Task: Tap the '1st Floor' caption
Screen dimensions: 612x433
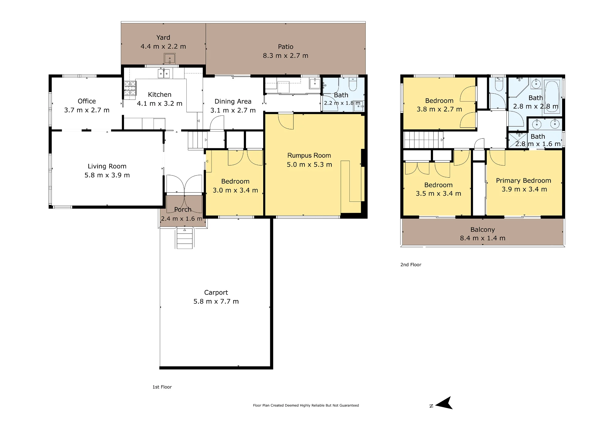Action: tap(162, 387)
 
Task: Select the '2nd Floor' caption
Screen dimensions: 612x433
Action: tap(411, 265)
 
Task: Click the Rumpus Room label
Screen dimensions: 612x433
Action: tap(309, 156)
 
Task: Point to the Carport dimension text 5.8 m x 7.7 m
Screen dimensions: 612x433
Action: tap(216, 301)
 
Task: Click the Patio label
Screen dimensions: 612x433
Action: tap(285, 47)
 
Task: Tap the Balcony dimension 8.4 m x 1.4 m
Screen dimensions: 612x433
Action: tap(483, 238)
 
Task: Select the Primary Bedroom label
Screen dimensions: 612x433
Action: tap(524, 181)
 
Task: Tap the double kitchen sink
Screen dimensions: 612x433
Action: tap(164, 73)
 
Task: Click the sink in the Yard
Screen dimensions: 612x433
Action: tap(170, 58)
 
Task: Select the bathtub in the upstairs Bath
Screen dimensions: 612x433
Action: tap(552, 96)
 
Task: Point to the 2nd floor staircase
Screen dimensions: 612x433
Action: tap(424, 140)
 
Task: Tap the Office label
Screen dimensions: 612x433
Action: tap(87, 101)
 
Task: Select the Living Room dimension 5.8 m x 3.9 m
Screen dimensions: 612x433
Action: tap(107, 175)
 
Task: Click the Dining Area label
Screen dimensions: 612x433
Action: tap(233, 101)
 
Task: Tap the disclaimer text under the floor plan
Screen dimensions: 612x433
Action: tap(306, 405)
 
